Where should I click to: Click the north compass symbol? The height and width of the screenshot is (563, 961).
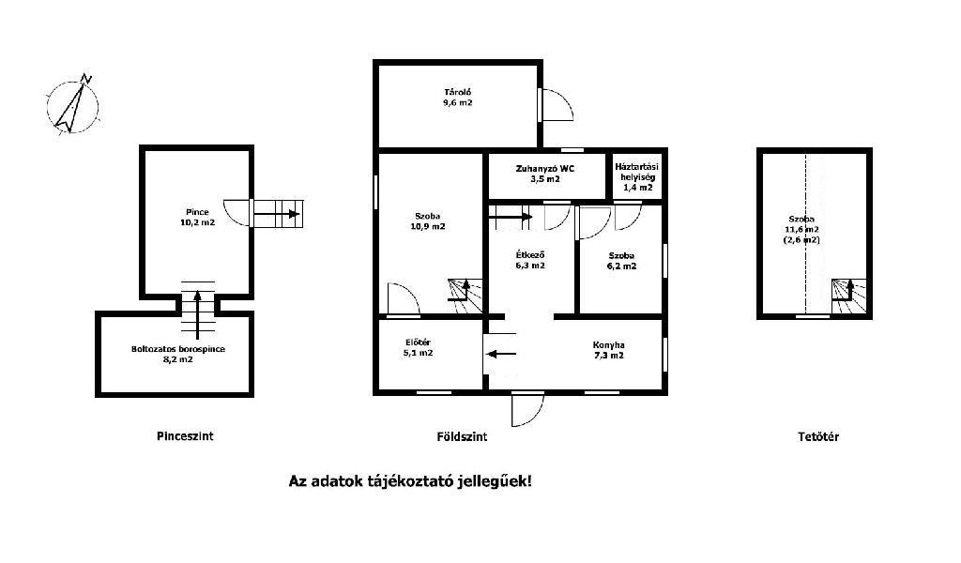(73, 105)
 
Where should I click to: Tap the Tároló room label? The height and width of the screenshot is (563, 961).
(458, 98)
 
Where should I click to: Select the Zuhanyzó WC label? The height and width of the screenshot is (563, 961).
(545, 174)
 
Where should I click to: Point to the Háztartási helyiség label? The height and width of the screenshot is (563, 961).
(637, 176)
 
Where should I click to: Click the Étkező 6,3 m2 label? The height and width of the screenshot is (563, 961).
(530, 260)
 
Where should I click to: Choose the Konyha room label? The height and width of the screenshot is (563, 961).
(608, 350)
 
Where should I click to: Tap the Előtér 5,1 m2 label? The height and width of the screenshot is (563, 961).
(418, 347)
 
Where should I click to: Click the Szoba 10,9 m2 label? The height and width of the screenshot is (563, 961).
(428, 221)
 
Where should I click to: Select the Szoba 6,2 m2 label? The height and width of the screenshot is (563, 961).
(621, 260)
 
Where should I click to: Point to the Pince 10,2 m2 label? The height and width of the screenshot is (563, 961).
(197, 217)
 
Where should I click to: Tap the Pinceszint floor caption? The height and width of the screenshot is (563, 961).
(185, 436)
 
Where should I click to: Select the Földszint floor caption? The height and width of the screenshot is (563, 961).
(462, 437)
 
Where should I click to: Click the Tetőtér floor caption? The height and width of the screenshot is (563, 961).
(818, 437)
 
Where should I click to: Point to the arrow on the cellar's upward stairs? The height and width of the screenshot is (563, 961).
(197, 314)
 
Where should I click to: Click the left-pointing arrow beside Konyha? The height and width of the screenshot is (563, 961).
(501, 354)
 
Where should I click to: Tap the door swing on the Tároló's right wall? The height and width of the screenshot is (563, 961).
(557, 105)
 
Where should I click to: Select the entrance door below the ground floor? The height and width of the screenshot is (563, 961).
(528, 409)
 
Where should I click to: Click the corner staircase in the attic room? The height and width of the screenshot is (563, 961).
(849, 297)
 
